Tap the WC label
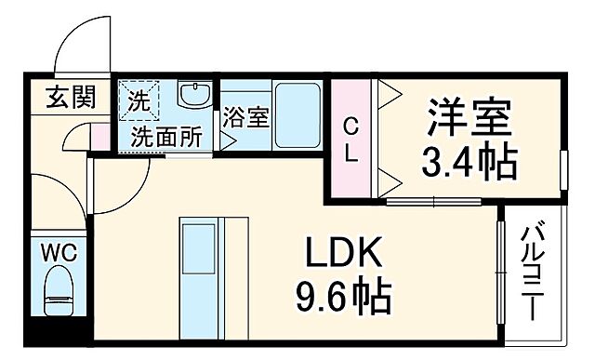point(58,251)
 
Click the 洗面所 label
point(165,137)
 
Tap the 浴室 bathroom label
point(245,118)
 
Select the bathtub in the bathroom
point(298,114)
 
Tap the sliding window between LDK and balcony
point(502,270)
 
